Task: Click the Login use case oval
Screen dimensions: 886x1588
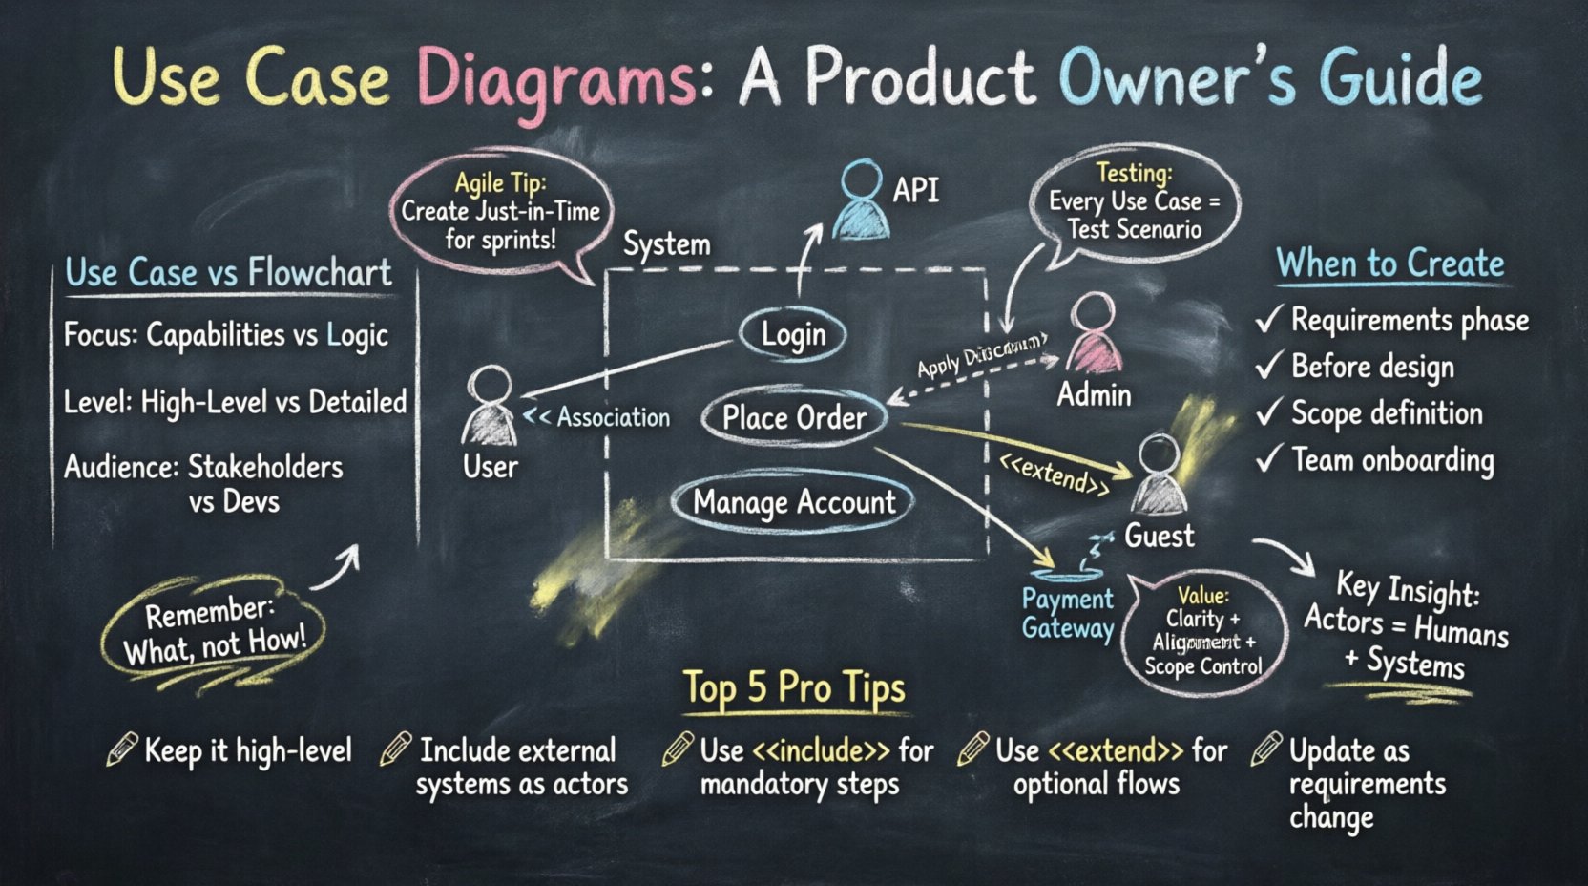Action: (793, 334)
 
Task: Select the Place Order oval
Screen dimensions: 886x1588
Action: (794, 418)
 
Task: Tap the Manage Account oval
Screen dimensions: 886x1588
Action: (793, 502)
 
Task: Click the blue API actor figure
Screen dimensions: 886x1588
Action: (862, 200)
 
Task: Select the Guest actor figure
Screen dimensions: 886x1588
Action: (1160, 475)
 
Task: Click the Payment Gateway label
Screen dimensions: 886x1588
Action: (1067, 614)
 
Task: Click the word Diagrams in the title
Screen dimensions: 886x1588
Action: (557, 79)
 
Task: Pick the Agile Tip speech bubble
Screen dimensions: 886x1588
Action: (500, 212)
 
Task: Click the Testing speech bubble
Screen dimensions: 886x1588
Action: (1134, 203)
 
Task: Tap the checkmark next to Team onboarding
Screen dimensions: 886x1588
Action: (1268, 460)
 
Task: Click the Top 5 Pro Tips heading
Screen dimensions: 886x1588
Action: (794, 687)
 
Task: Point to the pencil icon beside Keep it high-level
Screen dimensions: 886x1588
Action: (121, 750)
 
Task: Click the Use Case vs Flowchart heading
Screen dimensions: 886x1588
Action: (228, 273)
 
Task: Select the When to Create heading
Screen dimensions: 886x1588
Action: (1389, 264)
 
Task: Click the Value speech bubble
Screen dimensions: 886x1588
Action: (1203, 630)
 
